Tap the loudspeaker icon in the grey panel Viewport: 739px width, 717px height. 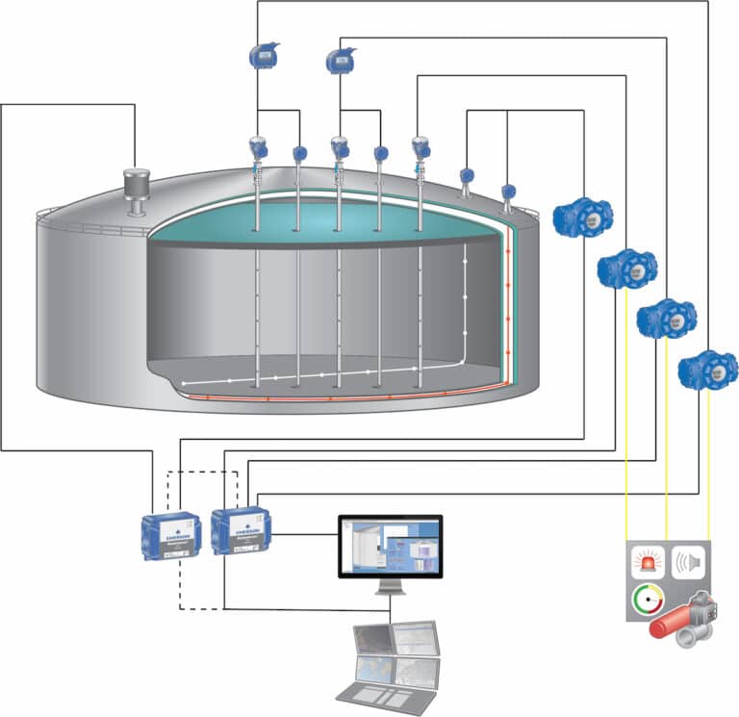coord(686,562)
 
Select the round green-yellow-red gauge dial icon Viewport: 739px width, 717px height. coord(647,602)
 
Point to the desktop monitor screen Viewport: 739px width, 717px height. coord(390,546)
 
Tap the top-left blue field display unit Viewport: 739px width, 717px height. coord(263,56)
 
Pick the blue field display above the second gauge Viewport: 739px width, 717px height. coord(340,60)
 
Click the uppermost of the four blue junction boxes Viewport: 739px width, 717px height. coord(583,217)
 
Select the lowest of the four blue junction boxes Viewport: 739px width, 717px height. coord(707,370)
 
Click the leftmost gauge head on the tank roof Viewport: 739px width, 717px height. coord(258,149)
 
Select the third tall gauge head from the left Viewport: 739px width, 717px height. coord(420,149)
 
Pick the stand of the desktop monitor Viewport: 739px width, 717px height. coord(390,588)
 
